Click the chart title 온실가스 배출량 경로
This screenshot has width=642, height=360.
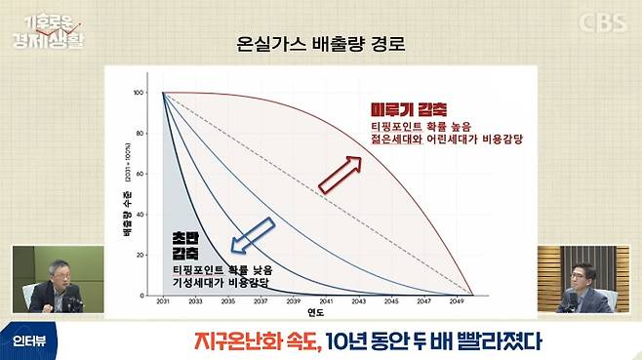(320, 45)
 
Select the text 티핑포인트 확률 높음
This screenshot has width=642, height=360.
(421, 128)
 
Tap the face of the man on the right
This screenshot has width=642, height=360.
(586, 274)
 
